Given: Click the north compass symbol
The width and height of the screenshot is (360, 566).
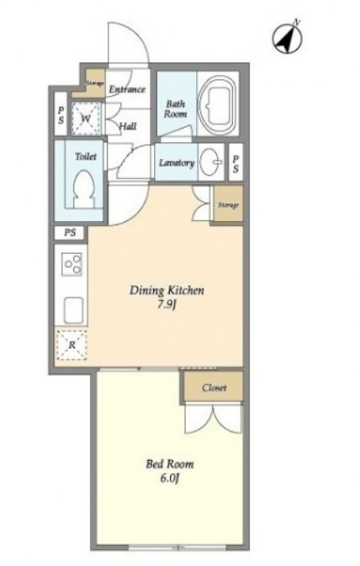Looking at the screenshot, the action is click(x=287, y=37).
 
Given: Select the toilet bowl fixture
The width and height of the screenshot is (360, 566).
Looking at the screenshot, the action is click(x=84, y=188).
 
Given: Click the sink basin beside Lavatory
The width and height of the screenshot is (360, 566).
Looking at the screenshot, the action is click(x=211, y=162).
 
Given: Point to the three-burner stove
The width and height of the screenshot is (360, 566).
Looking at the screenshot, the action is click(x=71, y=265).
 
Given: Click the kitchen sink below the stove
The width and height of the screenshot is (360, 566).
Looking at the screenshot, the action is click(x=74, y=310).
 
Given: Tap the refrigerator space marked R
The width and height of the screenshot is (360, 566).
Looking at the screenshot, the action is click(x=71, y=345).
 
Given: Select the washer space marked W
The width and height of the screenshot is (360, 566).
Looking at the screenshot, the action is click(x=85, y=119).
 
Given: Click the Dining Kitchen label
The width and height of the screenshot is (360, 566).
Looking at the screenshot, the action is click(x=167, y=290).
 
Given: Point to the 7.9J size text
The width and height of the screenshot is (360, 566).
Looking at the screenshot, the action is click(x=167, y=305).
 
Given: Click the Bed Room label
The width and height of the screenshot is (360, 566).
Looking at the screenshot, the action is click(x=170, y=463).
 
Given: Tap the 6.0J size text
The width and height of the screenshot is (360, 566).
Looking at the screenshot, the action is click(x=169, y=479).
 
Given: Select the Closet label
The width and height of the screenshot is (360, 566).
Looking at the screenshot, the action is click(x=214, y=388).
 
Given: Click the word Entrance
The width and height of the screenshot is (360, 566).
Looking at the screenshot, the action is click(x=127, y=89).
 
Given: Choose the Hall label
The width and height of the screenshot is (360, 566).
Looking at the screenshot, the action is click(x=128, y=126).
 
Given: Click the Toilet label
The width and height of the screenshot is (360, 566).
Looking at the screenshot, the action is click(x=86, y=156).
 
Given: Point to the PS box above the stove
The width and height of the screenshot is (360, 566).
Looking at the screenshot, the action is click(x=70, y=233).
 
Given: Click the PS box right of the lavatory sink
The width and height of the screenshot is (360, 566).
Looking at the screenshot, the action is click(x=236, y=162).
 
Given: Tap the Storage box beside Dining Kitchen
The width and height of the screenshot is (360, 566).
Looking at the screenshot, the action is click(x=228, y=204).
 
